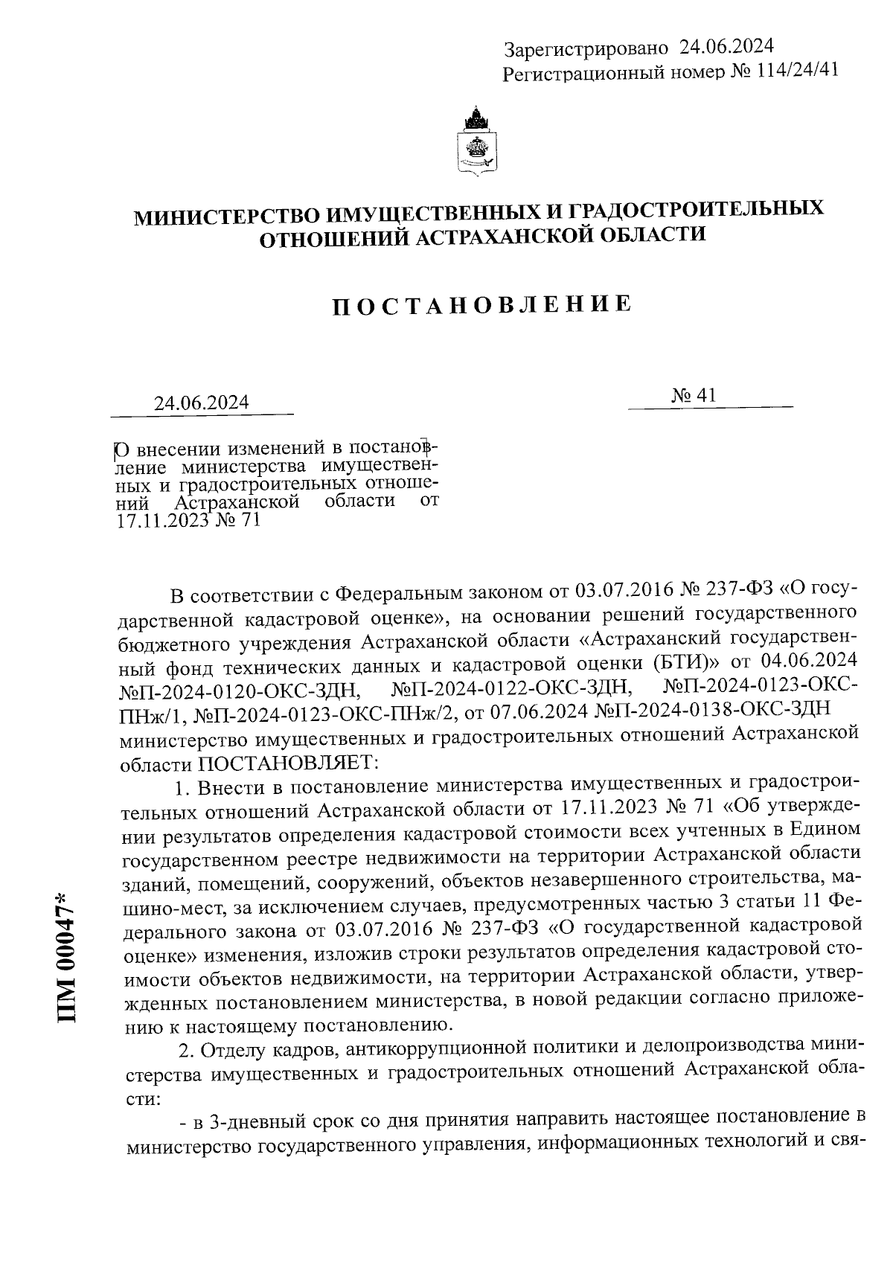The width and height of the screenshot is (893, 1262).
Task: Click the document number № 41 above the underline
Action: (x=694, y=397)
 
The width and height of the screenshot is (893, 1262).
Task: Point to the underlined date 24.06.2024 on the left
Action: (x=201, y=403)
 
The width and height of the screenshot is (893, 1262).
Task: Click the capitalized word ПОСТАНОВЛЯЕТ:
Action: (x=289, y=763)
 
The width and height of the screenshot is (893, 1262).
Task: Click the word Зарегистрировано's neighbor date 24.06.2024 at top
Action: (x=726, y=47)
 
